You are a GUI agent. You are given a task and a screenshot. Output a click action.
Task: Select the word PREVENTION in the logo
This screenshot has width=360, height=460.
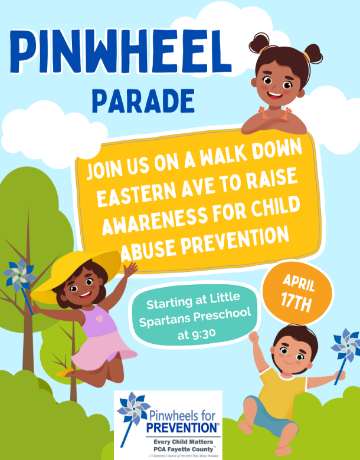(x=183, y=427)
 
